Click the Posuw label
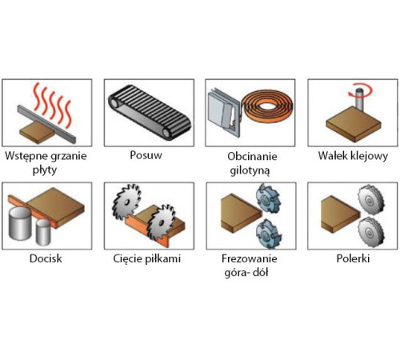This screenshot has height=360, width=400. [x=146, y=155]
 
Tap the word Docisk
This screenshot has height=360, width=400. [x=46, y=258]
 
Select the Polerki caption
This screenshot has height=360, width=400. [x=353, y=258]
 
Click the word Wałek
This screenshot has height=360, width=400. [x=332, y=156]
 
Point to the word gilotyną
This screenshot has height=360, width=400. [x=250, y=170]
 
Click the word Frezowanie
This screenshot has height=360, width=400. [x=250, y=258]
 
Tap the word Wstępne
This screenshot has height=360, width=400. [x=26, y=156]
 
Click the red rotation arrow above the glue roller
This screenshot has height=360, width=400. [x=361, y=90]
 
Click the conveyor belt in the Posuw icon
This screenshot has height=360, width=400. [x=150, y=112]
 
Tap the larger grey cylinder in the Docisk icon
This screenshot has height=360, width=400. [x=20, y=223]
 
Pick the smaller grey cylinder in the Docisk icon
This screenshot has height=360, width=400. [x=43, y=232]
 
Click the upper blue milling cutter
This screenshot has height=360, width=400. [x=268, y=198]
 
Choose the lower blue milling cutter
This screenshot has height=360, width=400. [x=268, y=234]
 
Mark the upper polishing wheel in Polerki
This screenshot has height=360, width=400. [x=370, y=199]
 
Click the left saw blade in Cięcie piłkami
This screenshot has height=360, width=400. [x=126, y=202]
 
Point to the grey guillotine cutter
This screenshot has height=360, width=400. [x=223, y=111]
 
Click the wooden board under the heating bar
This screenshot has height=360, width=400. [x=38, y=133]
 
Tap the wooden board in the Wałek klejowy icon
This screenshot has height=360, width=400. [x=354, y=124]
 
